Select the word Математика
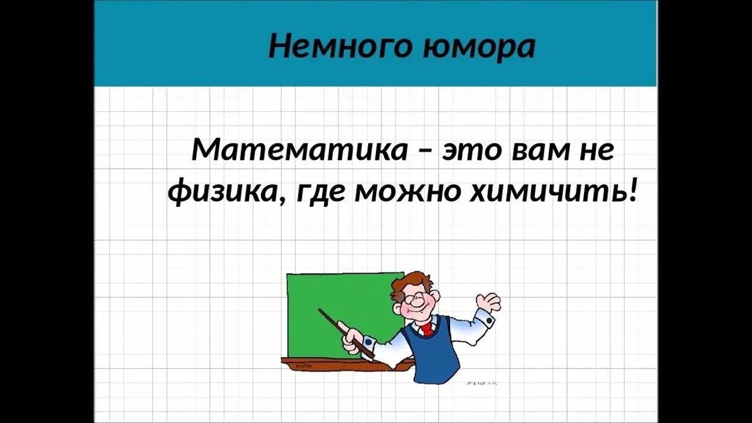[300, 150]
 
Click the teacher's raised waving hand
[488, 302]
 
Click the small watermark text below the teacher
[481, 383]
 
